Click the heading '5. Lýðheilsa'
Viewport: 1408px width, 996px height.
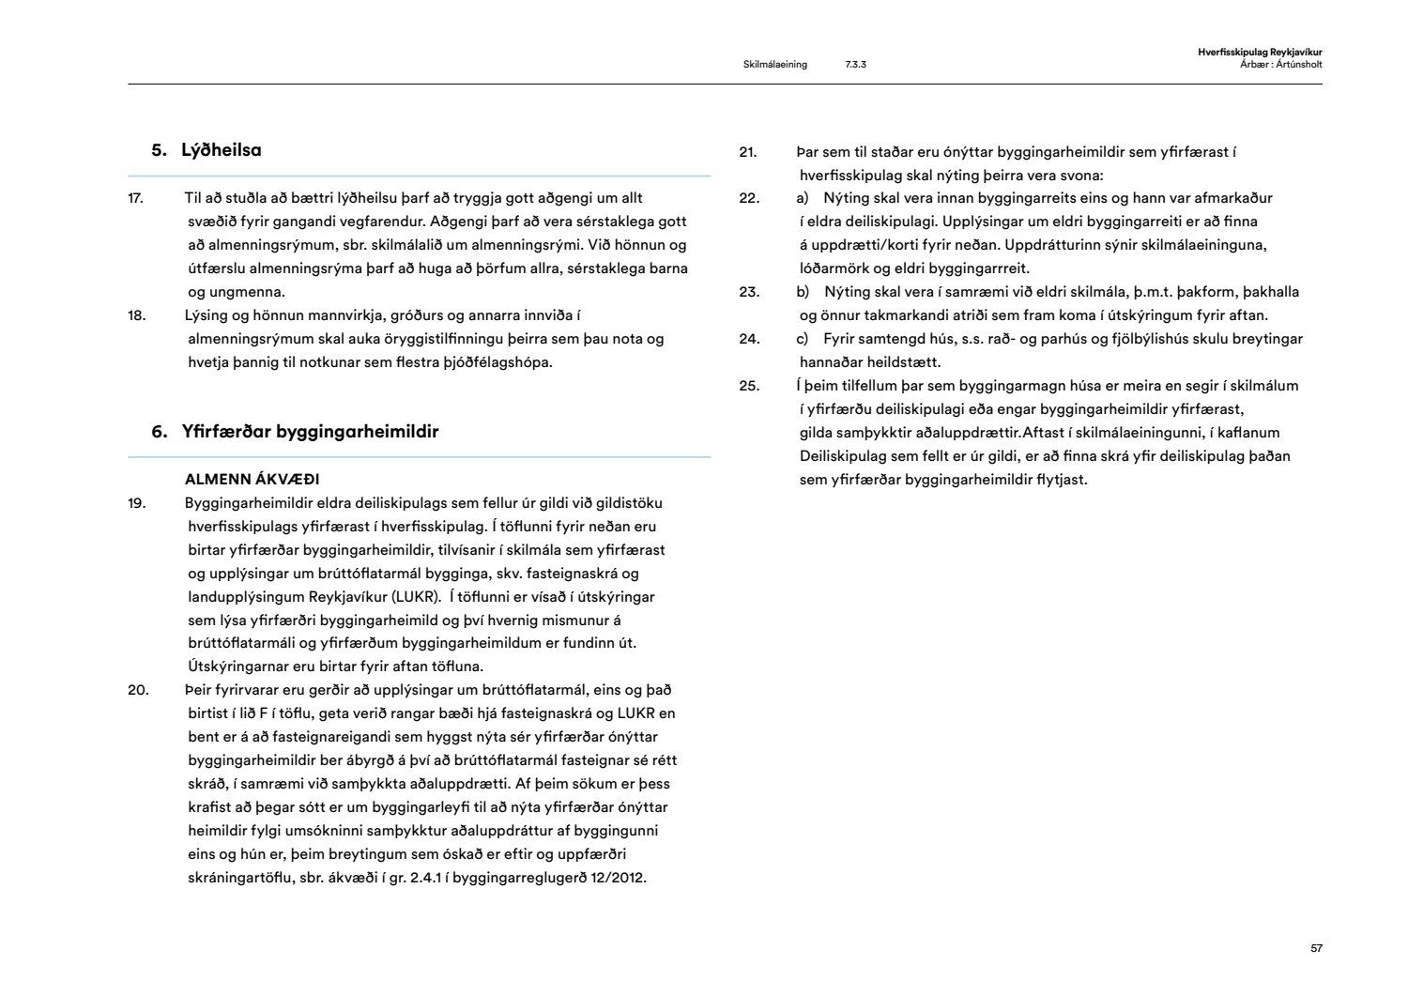pyautogui.click(x=207, y=150)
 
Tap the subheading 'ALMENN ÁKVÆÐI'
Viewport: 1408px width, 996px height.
pyautogui.click(x=252, y=480)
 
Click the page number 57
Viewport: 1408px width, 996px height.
pyautogui.click(x=1316, y=949)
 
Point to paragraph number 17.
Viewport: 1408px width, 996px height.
pyautogui.click(x=135, y=198)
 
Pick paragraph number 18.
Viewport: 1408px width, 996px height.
pyautogui.click(x=136, y=315)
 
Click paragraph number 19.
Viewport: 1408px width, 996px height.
pyautogui.click(x=136, y=503)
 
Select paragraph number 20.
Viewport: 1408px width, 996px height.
pyautogui.click(x=138, y=691)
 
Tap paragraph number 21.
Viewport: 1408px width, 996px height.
pyautogui.click(x=748, y=152)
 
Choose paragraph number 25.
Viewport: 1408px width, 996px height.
pyautogui.click(x=749, y=386)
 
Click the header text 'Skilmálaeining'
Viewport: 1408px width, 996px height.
pyautogui.click(x=774, y=65)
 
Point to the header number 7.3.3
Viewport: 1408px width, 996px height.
pyautogui.click(x=855, y=65)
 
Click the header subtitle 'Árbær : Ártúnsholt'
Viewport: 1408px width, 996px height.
pyautogui.click(x=1280, y=64)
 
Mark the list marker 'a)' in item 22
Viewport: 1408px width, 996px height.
pyautogui.click(x=803, y=198)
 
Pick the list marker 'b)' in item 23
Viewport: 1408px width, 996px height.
pyautogui.click(x=803, y=292)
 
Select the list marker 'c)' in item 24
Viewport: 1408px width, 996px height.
pyautogui.click(x=803, y=339)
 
